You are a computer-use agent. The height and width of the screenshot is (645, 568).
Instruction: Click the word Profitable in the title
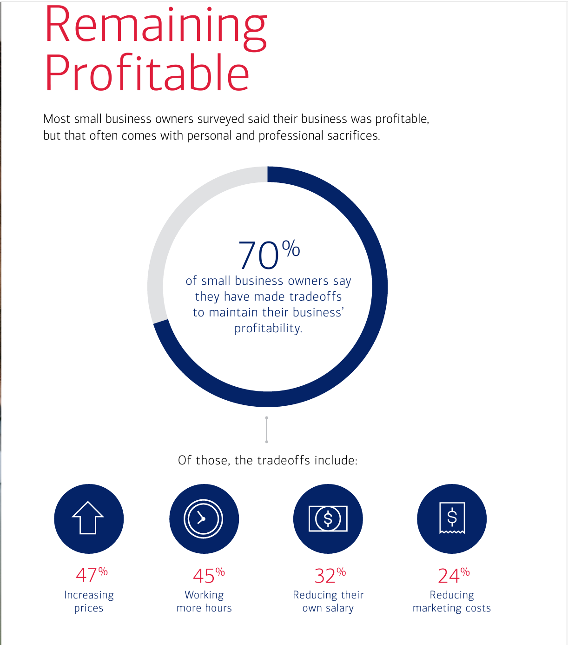(147, 73)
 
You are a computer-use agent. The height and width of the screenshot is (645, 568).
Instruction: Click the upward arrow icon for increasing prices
(88, 518)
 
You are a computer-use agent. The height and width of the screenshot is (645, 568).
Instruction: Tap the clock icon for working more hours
(204, 518)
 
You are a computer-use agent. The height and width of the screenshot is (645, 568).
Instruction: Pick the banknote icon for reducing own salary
(328, 518)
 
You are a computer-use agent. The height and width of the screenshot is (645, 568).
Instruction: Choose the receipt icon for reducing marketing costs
(452, 518)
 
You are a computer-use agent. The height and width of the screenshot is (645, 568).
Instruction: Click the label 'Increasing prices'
(89, 601)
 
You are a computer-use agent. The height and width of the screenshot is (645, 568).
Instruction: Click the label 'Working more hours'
(204, 601)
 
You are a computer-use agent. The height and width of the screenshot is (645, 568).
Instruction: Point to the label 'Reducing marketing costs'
(452, 601)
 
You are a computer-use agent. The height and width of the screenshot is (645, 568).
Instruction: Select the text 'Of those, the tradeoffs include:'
(268, 460)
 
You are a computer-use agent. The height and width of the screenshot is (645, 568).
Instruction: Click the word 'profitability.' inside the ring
(268, 328)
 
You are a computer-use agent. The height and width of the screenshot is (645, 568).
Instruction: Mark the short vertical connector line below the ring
(266, 430)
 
